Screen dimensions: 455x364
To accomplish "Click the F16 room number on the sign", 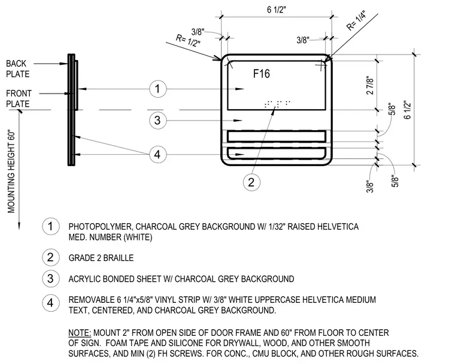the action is point(262,74).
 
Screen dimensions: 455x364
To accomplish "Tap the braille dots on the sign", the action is point(277,104).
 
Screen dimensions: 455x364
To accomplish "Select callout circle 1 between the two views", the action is point(158,89).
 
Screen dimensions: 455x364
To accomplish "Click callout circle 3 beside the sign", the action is point(158,120).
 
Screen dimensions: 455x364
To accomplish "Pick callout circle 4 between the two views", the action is point(158,154).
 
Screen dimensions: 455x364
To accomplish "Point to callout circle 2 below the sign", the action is point(251,182).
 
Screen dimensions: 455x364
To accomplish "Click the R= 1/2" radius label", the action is point(188,41).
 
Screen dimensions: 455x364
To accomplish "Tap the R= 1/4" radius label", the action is point(356,20).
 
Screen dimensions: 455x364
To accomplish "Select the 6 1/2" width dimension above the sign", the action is point(277,10).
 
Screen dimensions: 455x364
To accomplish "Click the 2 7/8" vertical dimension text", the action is point(370,86).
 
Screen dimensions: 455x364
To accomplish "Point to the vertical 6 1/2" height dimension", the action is point(408,110).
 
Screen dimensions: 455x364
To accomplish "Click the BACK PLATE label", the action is point(18,68).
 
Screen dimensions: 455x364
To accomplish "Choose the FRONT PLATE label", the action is point(19,98).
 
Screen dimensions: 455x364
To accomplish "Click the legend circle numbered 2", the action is point(50,257).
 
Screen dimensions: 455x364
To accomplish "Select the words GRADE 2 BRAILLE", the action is point(101,258).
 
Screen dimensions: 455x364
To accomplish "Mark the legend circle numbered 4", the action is point(50,303).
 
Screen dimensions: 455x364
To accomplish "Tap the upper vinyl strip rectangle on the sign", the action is point(276,136).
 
